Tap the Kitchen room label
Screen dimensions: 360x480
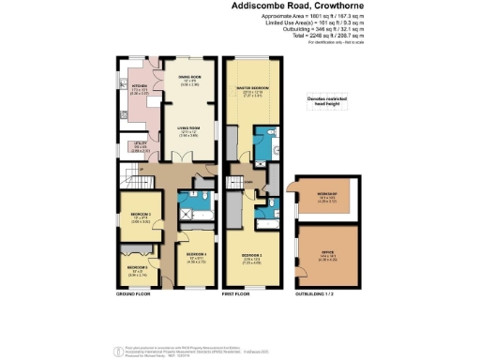click(x=138, y=92)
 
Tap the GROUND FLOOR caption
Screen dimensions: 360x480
click(x=134, y=293)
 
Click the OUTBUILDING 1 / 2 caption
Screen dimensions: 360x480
click(x=320, y=293)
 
